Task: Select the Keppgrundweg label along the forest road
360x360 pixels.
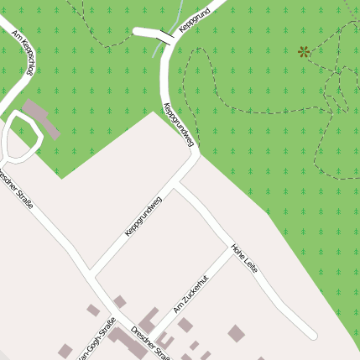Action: coord(179,127)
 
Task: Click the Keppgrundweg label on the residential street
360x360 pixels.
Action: coord(143,216)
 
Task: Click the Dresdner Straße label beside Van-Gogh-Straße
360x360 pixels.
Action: coord(151,343)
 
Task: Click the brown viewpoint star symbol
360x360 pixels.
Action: coord(304,51)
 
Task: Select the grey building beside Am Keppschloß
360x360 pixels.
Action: coord(41,118)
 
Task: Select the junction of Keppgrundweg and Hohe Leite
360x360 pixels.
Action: coord(177,186)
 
